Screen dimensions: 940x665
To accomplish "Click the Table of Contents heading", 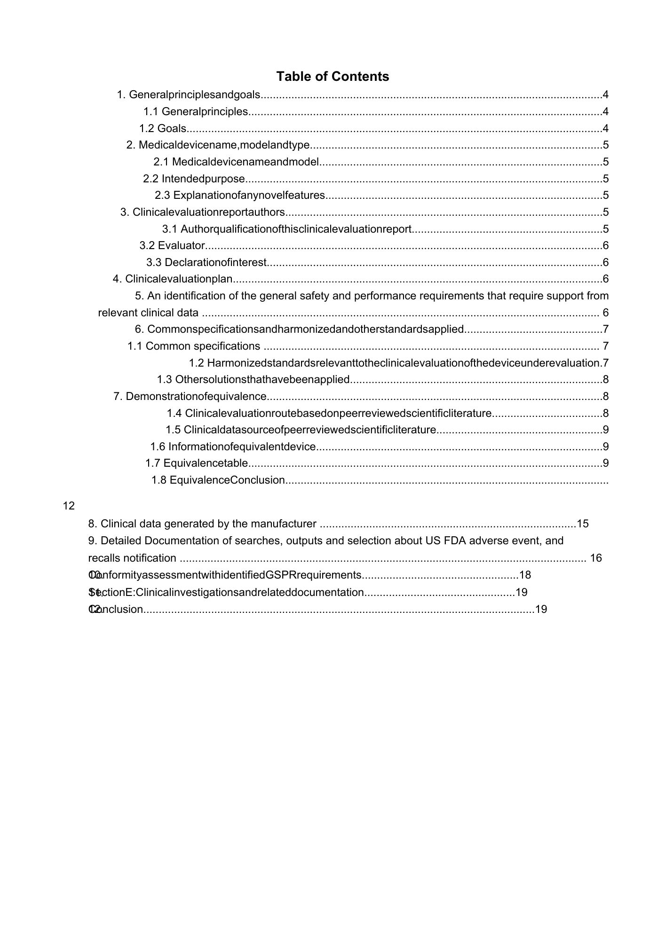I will coord(332,77).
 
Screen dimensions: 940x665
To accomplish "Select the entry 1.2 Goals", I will coord(163,128).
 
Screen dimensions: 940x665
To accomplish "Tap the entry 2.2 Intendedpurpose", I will coord(194,179).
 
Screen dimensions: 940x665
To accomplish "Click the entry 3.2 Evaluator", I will coord(172,245).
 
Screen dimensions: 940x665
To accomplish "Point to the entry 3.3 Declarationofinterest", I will coord(206,262).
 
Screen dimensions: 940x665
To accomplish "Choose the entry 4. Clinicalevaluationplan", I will coord(173,279).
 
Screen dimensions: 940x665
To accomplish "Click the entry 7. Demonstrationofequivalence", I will coord(190,397).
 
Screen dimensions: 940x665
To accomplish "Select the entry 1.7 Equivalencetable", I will coord(197,463).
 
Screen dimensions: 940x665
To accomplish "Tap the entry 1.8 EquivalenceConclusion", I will coord(218,480).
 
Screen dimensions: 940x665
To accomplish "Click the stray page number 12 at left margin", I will coord(69,506).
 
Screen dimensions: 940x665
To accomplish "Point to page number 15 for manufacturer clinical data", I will coord(583,524).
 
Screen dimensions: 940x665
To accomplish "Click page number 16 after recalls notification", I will coord(596,558).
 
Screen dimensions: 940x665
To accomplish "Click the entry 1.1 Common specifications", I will coord(194,346).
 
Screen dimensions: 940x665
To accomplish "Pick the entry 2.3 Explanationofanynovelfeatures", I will coord(240,195).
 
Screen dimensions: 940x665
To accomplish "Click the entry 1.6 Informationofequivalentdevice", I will coord(233,446).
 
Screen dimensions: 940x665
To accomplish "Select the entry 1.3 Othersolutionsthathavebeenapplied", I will coord(253,379).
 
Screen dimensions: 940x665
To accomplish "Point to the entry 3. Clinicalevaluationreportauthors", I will coord(203,212).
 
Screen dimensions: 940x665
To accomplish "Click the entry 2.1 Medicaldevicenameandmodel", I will coord(236,162).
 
